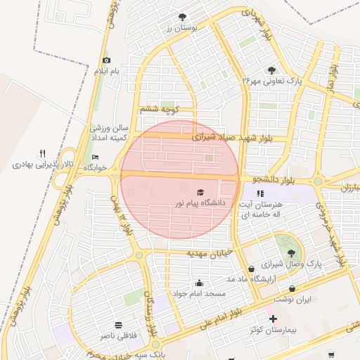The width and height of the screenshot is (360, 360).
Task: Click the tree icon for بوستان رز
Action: tap(183, 15)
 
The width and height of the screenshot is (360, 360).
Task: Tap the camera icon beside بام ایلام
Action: tap(106, 60)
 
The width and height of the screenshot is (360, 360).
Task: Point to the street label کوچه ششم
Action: tap(160, 109)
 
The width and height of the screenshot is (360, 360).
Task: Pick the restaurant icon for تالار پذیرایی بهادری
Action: tap(42, 153)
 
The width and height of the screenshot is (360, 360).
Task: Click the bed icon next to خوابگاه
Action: tap(96, 157)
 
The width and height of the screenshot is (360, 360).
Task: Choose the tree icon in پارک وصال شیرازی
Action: tap(291, 253)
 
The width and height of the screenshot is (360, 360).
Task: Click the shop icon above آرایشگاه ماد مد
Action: tap(251, 269)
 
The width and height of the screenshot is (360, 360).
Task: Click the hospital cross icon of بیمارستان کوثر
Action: tap(273, 319)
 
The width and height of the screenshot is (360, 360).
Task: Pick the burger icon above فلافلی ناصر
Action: tap(117, 326)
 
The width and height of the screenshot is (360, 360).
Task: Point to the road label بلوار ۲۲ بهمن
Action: tap(124, 214)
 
